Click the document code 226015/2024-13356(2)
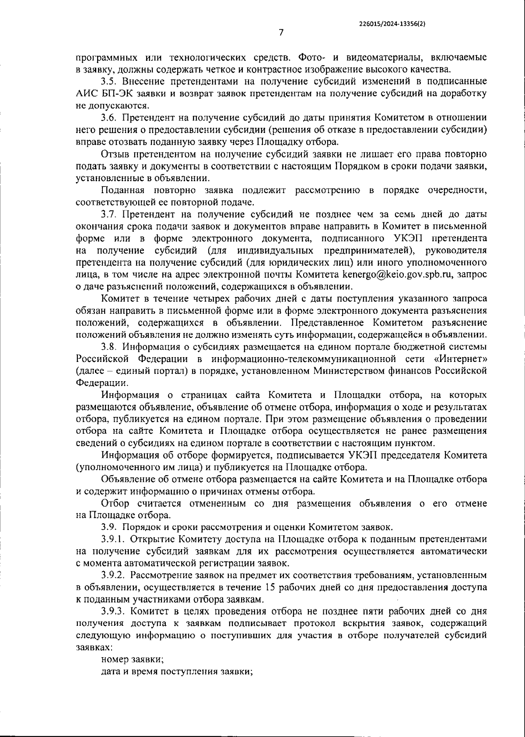391,25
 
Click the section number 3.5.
109,81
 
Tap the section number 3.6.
109,118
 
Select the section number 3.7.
109,214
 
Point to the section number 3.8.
109,347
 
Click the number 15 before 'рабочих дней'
270,587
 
